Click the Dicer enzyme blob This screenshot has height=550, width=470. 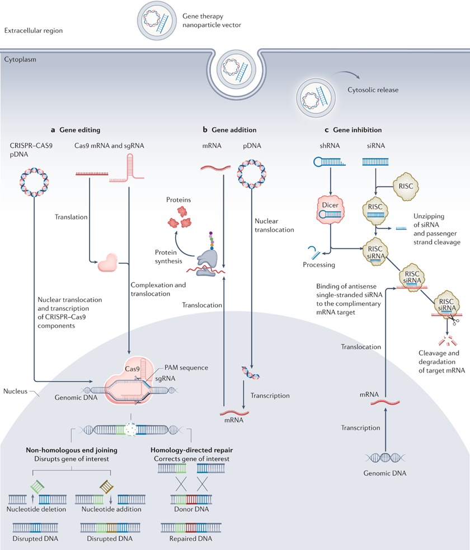[x=331, y=210]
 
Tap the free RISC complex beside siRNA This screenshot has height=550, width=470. [x=406, y=187]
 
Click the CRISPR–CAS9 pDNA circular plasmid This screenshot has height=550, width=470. [x=34, y=182]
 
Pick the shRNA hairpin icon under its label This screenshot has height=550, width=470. [x=330, y=162]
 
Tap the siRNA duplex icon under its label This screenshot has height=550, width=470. [x=375, y=162]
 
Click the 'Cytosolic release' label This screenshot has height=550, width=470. [x=373, y=90]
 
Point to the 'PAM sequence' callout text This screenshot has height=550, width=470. [x=186, y=367]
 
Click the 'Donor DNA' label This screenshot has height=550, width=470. [x=191, y=509]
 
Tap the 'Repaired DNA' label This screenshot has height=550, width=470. [x=191, y=538]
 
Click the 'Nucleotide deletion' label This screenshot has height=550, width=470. [x=36, y=509]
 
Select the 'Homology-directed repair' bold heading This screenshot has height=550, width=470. [x=191, y=450]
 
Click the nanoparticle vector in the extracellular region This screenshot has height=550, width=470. [x=157, y=20]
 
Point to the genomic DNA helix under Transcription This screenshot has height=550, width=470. [x=385, y=458]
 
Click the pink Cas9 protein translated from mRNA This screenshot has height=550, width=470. [x=107, y=262]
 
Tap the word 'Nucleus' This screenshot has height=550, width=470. [x=16, y=391]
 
